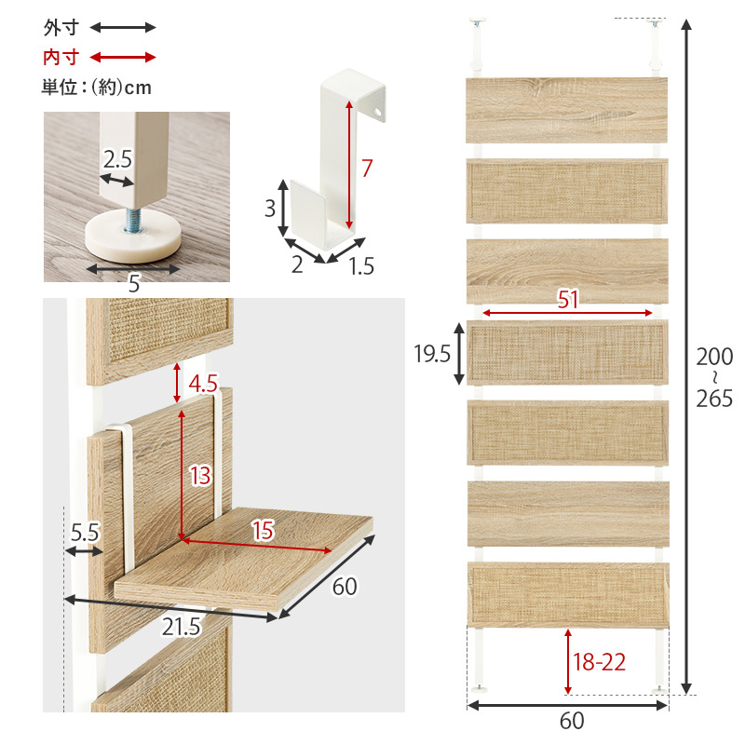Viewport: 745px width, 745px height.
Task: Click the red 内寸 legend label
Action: point(61,58)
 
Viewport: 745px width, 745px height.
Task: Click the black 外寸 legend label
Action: point(61,28)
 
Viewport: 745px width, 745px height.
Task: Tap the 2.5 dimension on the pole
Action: point(117,159)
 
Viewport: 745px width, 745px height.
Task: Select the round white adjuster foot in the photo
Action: point(133,237)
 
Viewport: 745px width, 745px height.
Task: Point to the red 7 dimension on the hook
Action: point(366,169)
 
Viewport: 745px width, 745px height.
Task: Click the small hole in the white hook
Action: point(378,113)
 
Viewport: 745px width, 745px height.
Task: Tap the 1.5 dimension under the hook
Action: point(361,265)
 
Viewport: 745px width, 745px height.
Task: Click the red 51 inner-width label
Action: point(568,299)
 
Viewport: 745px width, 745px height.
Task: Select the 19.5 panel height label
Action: point(432,354)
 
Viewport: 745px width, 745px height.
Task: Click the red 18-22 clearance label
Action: point(599,662)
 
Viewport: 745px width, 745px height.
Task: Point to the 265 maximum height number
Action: point(714,399)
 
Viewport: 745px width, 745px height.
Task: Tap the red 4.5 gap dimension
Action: point(203,384)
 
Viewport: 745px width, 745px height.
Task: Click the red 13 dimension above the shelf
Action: point(200,475)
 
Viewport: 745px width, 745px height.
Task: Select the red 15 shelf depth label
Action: point(263,530)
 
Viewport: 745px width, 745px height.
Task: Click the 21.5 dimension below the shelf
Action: point(181,627)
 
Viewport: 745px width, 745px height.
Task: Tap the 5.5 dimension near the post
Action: point(85,532)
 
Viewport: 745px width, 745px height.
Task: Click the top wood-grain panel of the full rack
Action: point(566,110)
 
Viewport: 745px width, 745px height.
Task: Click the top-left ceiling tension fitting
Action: point(478,45)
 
